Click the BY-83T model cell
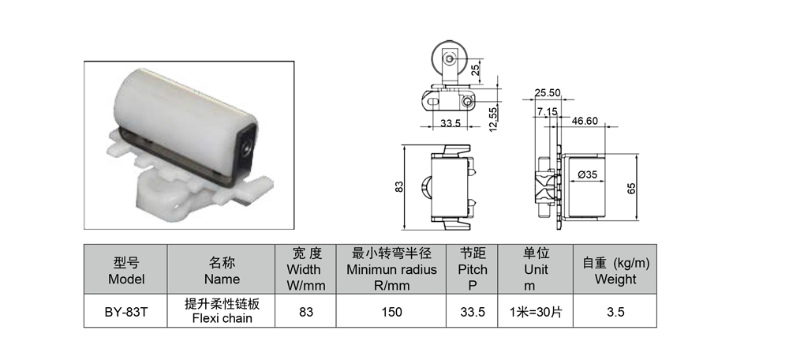(125, 312)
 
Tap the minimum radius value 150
(391, 312)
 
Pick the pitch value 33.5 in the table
(473, 312)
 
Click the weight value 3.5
(615, 312)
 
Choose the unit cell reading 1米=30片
(536, 312)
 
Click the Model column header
(125, 270)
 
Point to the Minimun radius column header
(391, 270)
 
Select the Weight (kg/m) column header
(615, 270)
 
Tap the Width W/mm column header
(306, 270)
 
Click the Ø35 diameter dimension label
(588, 174)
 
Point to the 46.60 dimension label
(585, 121)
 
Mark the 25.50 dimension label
(548, 93)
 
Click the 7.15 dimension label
(547, 112)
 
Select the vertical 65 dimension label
(631, 188)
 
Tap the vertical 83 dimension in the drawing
(399, 186)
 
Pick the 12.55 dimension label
(493, 119)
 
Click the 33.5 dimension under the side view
(451, 123)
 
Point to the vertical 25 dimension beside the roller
(475, 70)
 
